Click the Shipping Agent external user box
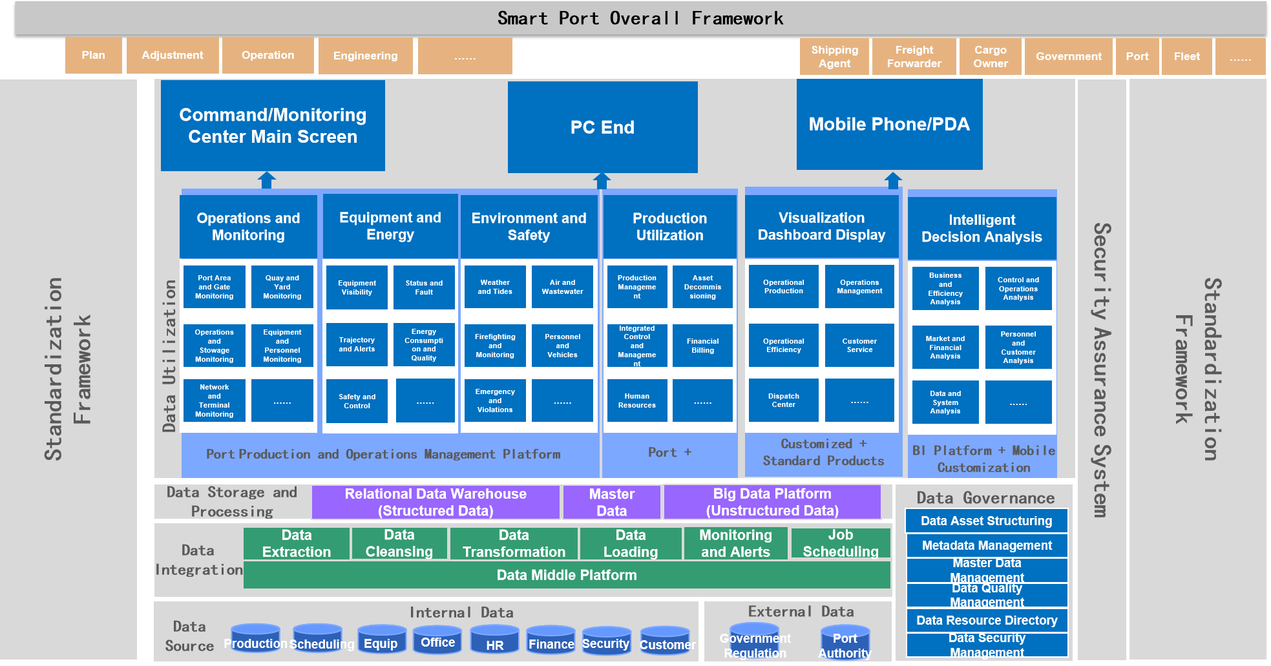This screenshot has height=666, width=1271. tap(834, 56)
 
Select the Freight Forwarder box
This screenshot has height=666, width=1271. tap(914, 56)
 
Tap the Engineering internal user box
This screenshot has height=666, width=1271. tap(365, 56)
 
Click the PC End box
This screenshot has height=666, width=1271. tap(602, 127)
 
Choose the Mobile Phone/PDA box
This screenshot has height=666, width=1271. tap(889, 124)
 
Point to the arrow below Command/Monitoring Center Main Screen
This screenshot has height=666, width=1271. tap(266, 180)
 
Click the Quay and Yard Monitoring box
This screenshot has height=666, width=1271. tap(282, 287)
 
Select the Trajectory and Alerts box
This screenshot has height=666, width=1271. tap(357, 344)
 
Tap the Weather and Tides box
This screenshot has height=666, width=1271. tap(495, 287)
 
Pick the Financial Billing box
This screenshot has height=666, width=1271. tap(702, 346)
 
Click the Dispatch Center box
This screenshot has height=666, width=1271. tap(783, 401)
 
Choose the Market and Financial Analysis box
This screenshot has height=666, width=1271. tap(945, 347)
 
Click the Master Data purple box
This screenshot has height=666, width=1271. tap(611, 502)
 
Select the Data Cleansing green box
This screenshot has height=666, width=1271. tap(399, 543)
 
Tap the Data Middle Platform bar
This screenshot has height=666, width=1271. tap(567, 575)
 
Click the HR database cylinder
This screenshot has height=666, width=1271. tap(494, 640)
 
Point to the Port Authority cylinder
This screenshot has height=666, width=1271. tap(845, 641)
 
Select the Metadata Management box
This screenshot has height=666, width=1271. tap(986, 545)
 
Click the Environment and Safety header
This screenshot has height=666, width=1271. tap(529, 226)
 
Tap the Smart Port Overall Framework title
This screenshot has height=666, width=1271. tap(640, 18)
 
